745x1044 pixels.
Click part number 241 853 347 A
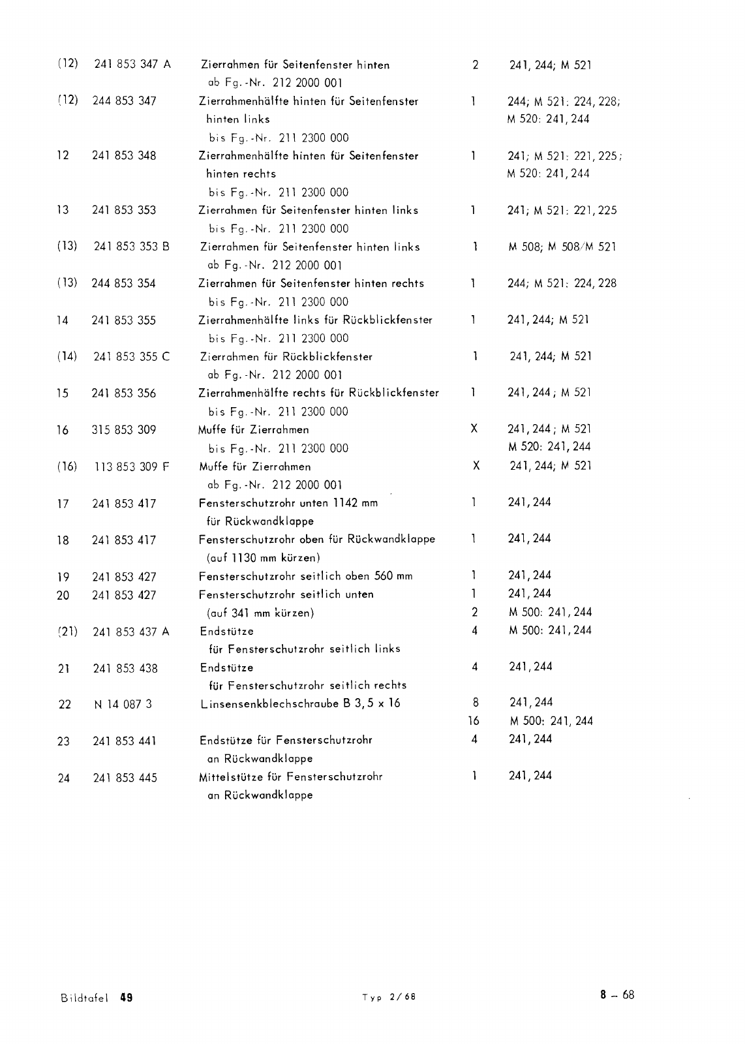132,65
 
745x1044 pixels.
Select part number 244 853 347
124,101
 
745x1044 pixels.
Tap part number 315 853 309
124,430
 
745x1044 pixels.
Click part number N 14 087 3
123,704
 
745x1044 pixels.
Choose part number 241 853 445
125,778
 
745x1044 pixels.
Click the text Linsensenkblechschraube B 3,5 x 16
300,703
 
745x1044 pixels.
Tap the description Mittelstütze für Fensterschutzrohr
291,776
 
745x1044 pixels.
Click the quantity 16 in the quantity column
474,721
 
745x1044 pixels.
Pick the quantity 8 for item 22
475,703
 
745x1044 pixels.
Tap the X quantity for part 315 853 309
474,429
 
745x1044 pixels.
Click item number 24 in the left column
63,778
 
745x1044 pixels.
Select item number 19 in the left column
63,577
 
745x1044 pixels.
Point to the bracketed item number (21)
67,632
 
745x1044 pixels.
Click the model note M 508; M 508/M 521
562,247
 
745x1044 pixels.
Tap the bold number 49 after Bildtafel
127,997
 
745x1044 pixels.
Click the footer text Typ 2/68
389,998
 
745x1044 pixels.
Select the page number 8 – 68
617,995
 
